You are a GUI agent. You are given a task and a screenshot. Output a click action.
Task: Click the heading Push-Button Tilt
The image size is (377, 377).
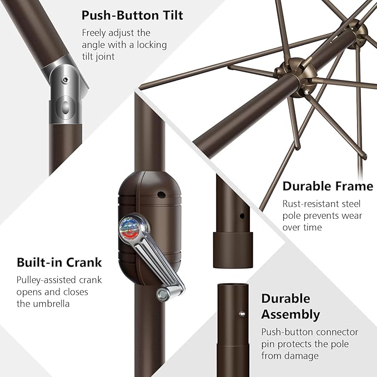[x=132, y=16]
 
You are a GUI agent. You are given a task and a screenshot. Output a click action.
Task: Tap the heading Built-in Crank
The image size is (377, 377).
[x=59, y=262]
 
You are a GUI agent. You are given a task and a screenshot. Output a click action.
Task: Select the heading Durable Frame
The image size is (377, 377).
[x=328, y=187]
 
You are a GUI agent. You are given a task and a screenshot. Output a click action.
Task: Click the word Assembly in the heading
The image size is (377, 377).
[x=290, y=315]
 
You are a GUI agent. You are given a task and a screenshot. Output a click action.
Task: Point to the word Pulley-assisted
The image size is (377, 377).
[x=43, y=280]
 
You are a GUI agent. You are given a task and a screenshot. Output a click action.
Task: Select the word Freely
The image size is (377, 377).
[x=94, y=33]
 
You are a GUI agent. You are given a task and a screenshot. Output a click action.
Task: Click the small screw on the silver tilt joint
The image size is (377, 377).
[x=65, y=80]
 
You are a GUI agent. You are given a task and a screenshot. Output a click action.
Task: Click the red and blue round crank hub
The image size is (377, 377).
[x=130, y=228]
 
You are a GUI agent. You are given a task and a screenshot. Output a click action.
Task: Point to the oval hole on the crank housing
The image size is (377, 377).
[x=161, y=195]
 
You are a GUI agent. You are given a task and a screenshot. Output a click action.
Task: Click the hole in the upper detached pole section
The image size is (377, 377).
[x=242, y=216]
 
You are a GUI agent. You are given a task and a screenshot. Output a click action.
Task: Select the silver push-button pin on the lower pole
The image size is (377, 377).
[x=242, y=314]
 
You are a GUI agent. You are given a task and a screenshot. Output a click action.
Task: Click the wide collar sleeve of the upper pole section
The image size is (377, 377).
[x=233, y=250]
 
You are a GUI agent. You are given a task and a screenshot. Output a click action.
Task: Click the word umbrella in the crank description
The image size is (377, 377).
[x=51, y=304]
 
